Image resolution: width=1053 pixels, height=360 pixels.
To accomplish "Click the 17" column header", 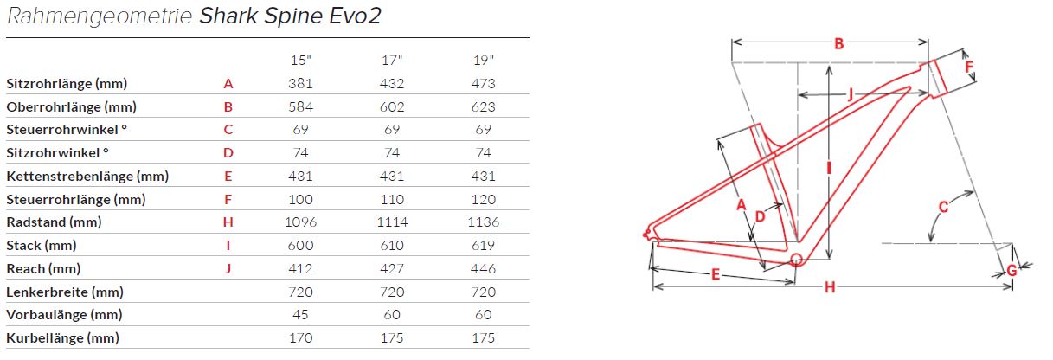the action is point(392,61).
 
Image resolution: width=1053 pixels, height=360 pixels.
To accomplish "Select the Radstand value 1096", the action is point(300,222).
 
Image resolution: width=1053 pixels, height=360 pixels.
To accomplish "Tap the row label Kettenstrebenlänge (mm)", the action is point(87,177).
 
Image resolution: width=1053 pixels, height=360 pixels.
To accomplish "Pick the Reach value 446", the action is point(484,268).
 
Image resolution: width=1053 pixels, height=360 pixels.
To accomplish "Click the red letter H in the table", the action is point(228,222).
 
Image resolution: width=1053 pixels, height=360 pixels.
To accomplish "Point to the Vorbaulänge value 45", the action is point(300,314).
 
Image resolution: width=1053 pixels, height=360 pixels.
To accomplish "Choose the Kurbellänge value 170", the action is point(300,337).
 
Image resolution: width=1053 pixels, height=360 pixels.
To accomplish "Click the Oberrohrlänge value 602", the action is point(392,106).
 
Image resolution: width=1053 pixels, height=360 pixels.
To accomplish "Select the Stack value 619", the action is point(484,245).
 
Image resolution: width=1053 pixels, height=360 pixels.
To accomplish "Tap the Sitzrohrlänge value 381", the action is point(300,84).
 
